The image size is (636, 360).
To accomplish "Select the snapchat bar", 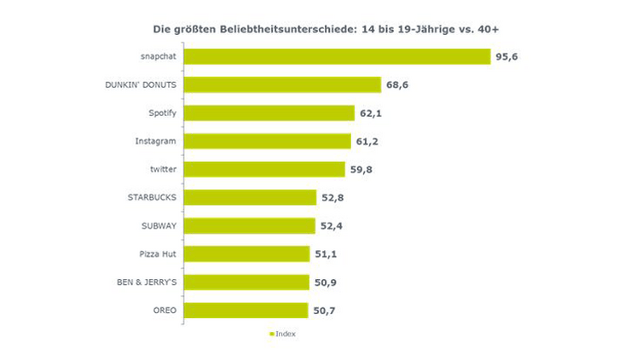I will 337,56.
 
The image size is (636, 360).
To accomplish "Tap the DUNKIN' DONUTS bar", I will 282,84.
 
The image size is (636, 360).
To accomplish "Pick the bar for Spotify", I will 269,113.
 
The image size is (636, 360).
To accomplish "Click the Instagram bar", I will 267,141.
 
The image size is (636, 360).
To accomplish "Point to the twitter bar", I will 264,169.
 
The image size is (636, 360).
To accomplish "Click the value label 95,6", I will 506,56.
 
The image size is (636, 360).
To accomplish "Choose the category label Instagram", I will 156,141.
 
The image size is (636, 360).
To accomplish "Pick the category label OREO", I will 164,311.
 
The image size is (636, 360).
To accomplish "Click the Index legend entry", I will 285,334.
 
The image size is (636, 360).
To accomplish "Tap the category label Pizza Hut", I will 157,253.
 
